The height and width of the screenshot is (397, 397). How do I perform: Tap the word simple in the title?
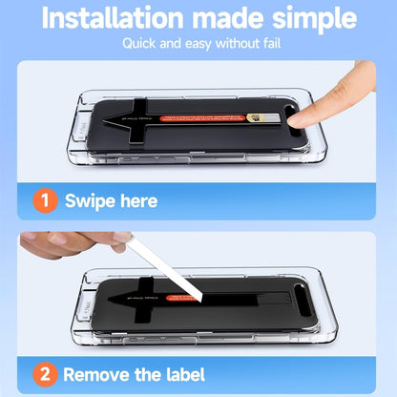coord(309,19)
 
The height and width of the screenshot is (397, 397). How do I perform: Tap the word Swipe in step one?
coord(88,201)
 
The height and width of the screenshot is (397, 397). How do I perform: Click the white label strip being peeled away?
coord(191,273)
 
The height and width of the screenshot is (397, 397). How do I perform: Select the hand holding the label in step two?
coord(67,243)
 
